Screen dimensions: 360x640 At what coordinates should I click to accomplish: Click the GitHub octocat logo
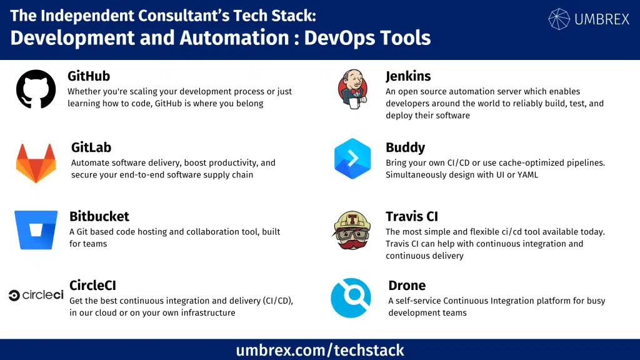click(36, 89)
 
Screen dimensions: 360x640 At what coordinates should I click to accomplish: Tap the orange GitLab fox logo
click(36, 162)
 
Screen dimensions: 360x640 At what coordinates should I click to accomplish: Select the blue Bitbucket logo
click(36, 230)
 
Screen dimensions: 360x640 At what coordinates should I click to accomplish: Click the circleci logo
click(36, 295)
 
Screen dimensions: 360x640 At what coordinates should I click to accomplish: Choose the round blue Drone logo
click(351, 297)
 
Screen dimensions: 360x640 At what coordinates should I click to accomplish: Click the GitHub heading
click(89, 76)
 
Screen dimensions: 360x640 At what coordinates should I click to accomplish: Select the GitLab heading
click(91, 147)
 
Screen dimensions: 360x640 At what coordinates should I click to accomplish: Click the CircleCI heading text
click(93, 286)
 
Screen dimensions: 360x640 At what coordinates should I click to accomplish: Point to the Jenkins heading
click(408, 76)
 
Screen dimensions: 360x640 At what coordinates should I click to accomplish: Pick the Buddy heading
click(405, 147)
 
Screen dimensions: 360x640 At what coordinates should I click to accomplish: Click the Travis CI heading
click(412, 216)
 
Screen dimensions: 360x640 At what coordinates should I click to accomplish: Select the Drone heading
click(407, 286)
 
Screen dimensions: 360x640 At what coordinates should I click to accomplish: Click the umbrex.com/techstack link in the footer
click(320, 350)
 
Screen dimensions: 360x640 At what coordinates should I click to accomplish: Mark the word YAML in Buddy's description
click(526, 175)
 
